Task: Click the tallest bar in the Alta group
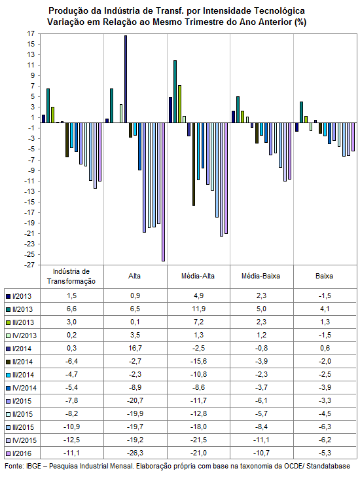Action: (x=126, y=79)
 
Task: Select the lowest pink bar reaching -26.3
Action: (x=163, y=192)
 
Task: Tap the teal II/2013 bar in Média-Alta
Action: (x=175, y=92)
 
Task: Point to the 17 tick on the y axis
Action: (x=31, y=33)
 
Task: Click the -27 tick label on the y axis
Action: (x=29, y=265)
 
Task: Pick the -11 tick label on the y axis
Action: (x=29, y=181)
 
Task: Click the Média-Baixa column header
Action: (x=261, y=276)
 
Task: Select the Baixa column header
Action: (x=324, y=276)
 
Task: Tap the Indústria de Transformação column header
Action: (x=71, y=277)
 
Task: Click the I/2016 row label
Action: (x=22, y=453)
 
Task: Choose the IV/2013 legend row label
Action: (x=24, y=335)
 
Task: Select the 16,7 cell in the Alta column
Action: (x=135, y=348)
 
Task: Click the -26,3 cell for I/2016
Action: (x=135, y=453)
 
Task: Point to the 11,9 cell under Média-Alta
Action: (x=199, y=309)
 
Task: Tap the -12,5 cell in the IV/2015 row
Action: (x=72, y=440)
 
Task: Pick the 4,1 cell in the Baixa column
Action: (x=325, y=309)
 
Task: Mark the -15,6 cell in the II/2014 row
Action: (x=199, y=361)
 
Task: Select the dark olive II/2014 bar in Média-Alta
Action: (x=194, y=164)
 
